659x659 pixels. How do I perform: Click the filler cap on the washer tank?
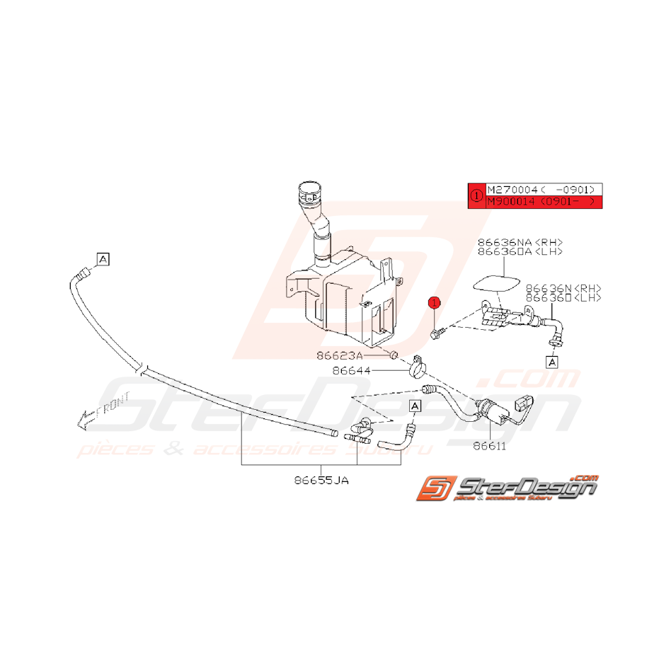point(309,191)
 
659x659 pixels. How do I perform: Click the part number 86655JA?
point(322,480)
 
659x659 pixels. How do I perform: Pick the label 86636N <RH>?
point(563,288)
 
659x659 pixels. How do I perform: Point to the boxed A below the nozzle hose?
point(551,362)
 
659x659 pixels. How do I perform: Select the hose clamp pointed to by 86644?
point(418,367)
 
